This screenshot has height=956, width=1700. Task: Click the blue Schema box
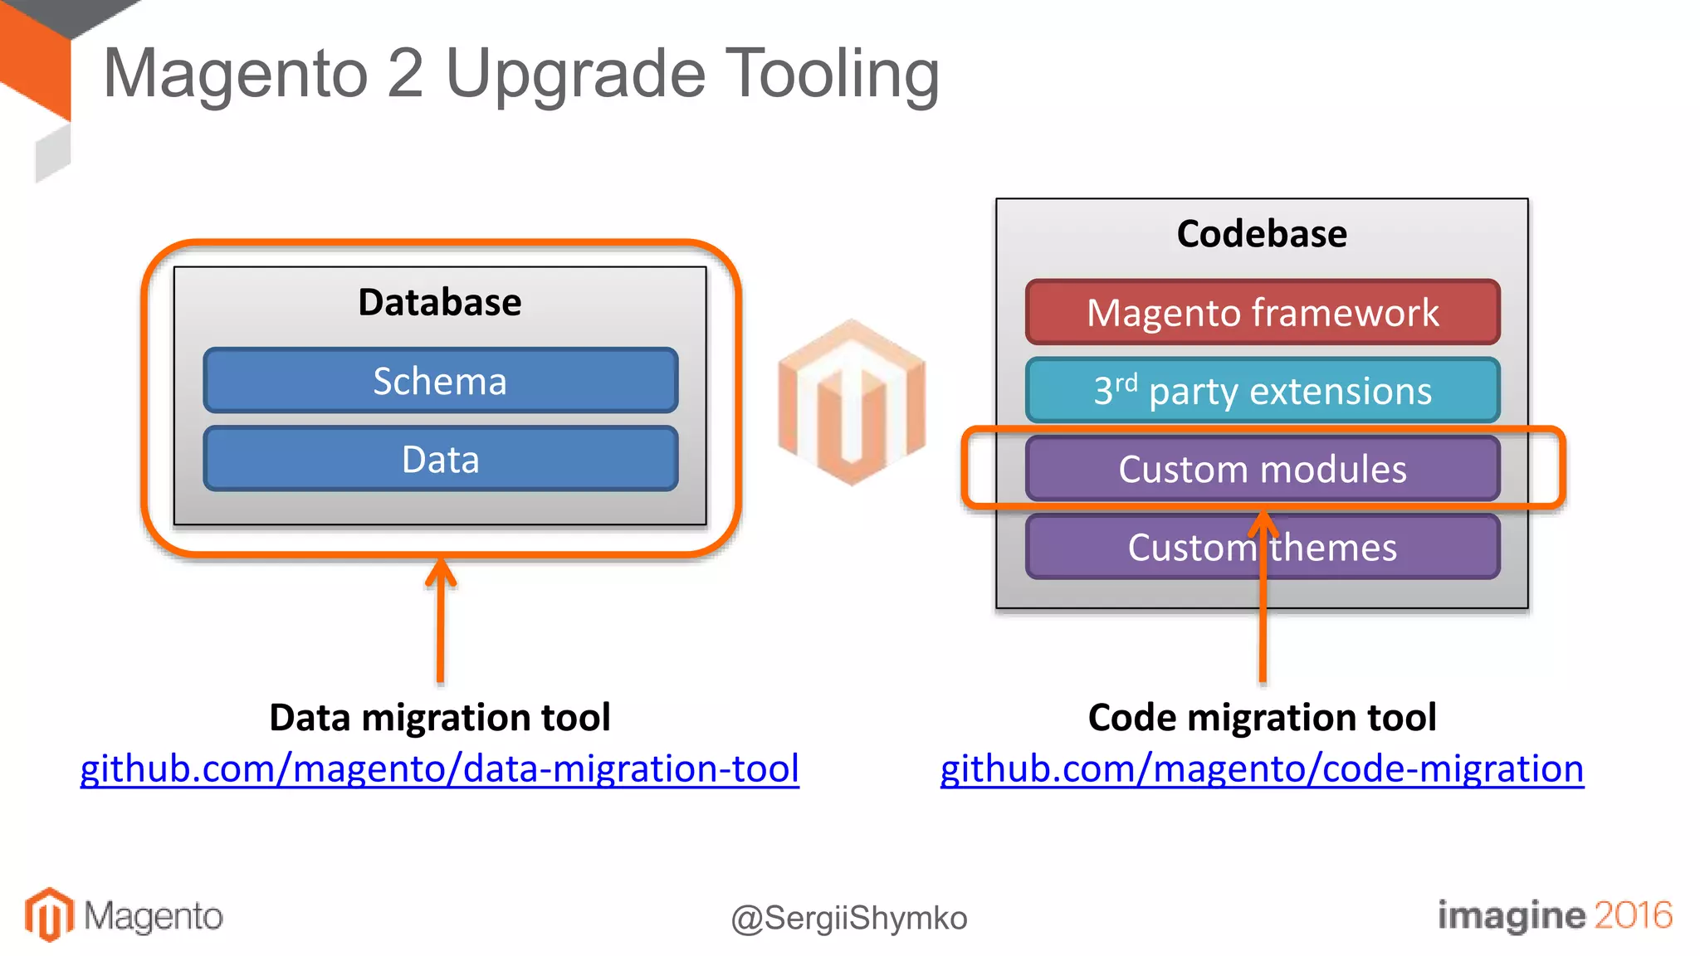tap(440, 381)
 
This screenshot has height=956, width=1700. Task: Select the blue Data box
tap(440, 459)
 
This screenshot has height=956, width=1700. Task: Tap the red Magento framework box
tap(1262, 313)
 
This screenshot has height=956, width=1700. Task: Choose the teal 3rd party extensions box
tap(1262, 391)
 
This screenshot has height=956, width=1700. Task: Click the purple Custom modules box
tap(1262, 469)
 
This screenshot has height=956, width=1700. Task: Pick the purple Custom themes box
tap(1262, 547)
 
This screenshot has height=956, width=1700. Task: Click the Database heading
tap(440, 302)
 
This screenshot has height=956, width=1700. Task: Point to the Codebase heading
tap(1262, 234)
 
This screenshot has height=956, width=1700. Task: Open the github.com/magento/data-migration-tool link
tap(440, 768)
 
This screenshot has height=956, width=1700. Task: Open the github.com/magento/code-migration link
tap(1262, 768)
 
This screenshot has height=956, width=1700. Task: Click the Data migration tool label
tap(440, 718)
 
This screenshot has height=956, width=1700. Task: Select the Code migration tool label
tap(1262, 718)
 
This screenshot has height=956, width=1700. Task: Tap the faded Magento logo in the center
tap(852, 402)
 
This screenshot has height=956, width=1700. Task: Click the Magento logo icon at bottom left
tap(49, 915)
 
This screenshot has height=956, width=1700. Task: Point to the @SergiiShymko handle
tap(849, 919)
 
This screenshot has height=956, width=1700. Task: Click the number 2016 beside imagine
tap(1632, 915)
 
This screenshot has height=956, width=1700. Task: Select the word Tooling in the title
tap(833, 75)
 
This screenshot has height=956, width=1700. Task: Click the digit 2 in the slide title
tap(405, 75)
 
